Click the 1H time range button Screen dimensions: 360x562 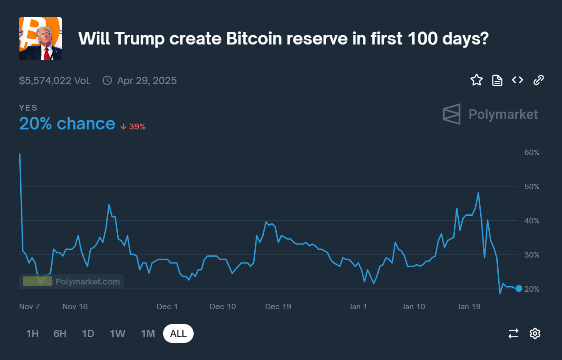(x=32, y=333)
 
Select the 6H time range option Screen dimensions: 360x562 (x=60, y=333)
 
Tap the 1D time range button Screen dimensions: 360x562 (x=88, y=333)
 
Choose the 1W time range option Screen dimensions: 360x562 (x=117, y=333)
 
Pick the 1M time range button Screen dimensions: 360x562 (x=148, y=333)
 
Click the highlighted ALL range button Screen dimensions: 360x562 (x=178, y=333)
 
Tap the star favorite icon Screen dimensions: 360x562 (x=476, y=80)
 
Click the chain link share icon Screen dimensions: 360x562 (x=538, y=80)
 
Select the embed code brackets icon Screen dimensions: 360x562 (x=518, y=80)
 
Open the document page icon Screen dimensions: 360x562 (x=497, y=80)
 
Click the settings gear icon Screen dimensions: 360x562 (x=535, y=333)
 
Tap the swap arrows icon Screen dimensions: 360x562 (x=513, y=333)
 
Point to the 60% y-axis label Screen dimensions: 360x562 (x=531, y=152)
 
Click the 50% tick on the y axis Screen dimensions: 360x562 (x=531, y=187)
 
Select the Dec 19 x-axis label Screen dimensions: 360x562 (x=278, y=307)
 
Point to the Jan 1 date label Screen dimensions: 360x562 (x=358, y=307)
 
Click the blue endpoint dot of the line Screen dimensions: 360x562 (x=519, y=289)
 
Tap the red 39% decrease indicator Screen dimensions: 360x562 (x=133, y=127)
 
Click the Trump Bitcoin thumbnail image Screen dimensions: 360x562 (x=40, y=39)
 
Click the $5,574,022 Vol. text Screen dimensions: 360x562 (x=55, y=81)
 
